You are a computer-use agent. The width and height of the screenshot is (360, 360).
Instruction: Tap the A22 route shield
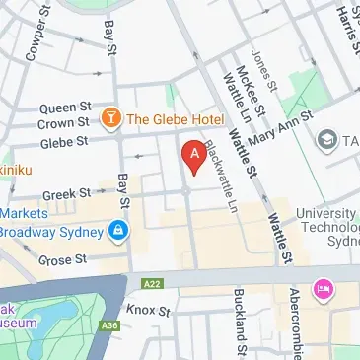pos(151,283)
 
